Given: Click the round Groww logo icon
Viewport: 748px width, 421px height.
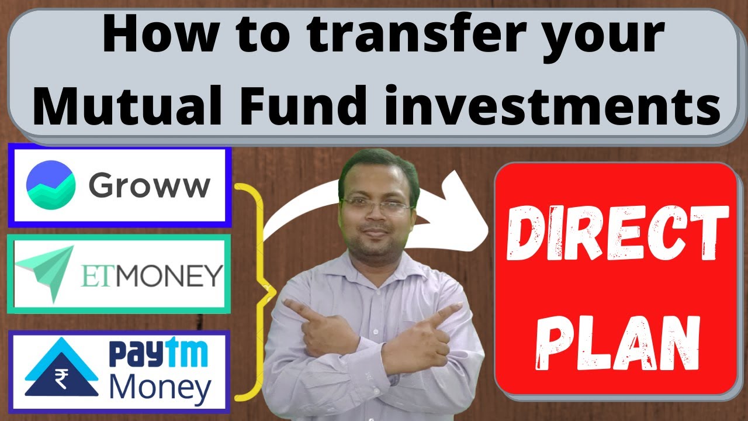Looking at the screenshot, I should click(x=51, y=185).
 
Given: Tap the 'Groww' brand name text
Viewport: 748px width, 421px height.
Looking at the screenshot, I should click(x=149, y=186).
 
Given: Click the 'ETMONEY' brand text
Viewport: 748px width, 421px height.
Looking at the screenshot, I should click(x=151, y=275).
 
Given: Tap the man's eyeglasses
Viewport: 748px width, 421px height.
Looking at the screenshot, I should click(x=376, y=205).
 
